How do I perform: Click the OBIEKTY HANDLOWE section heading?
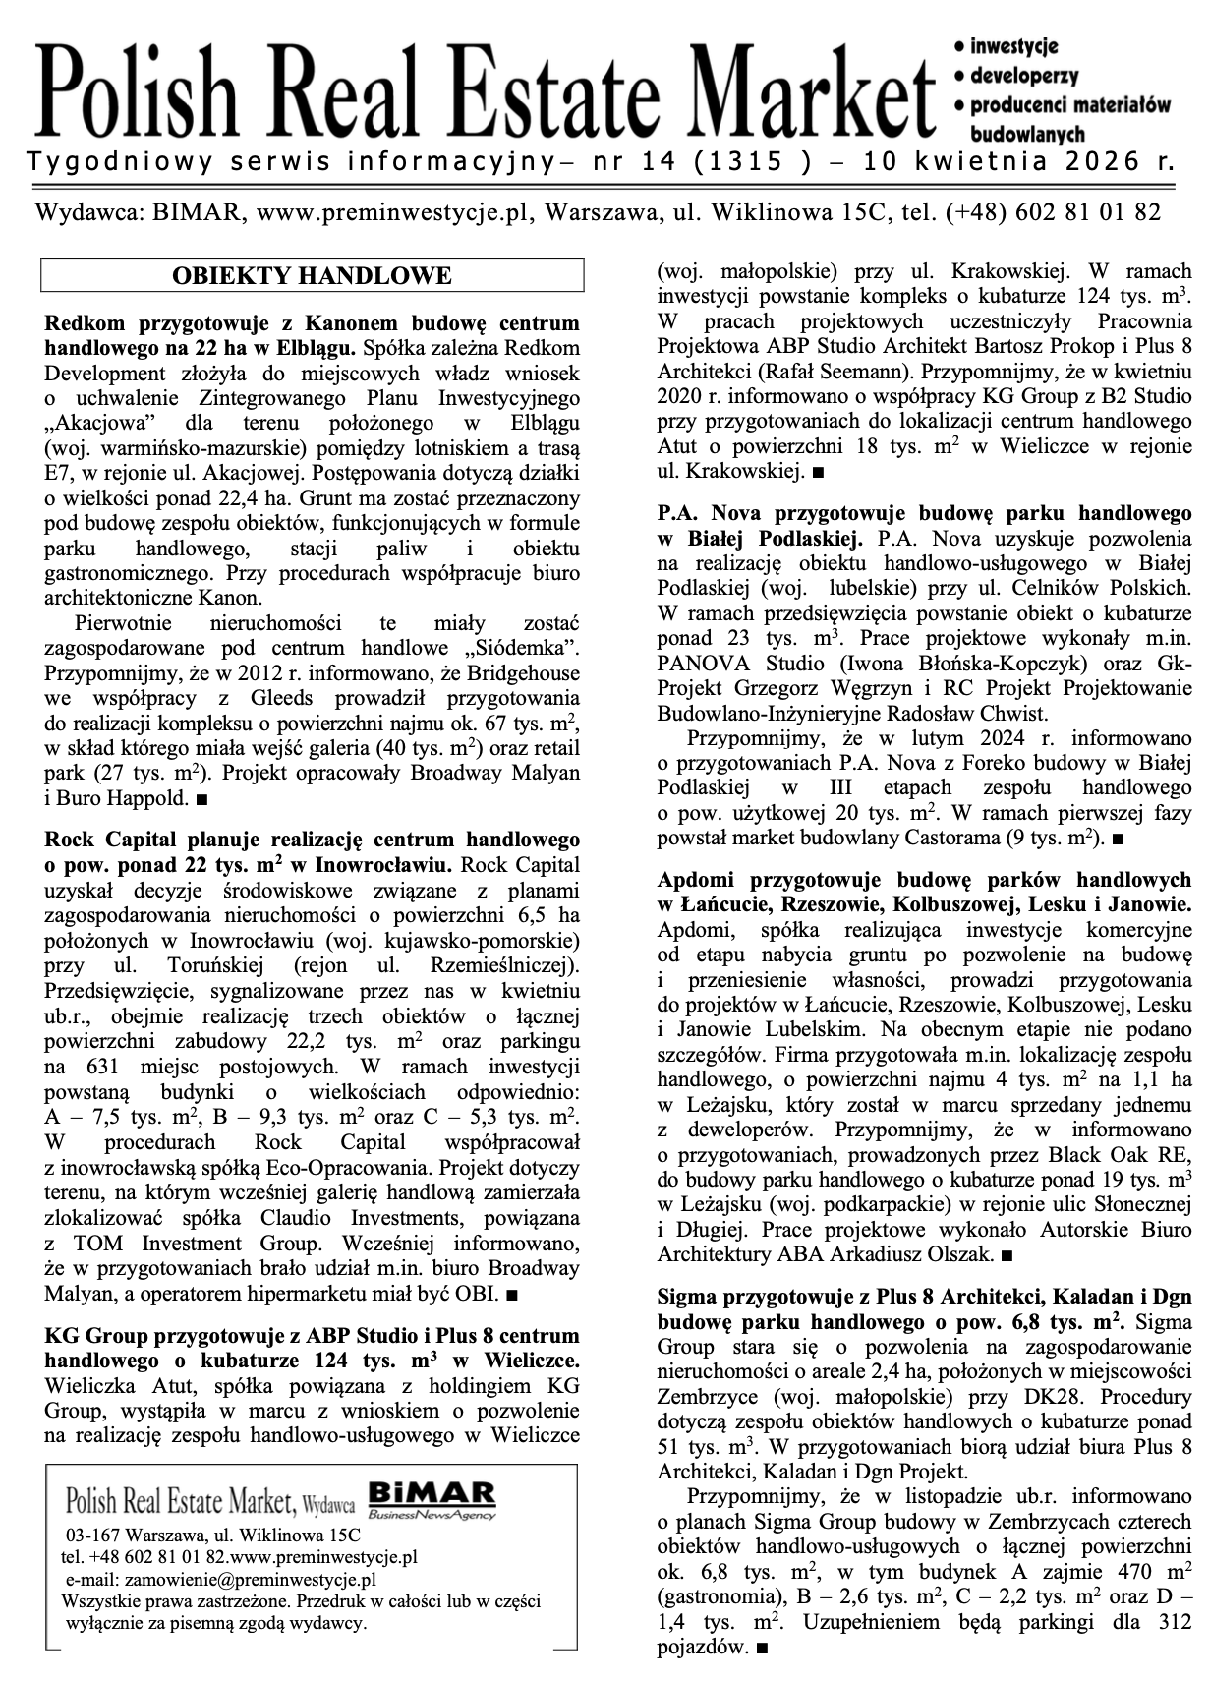[x=312, y=275]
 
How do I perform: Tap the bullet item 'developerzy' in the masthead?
[x=1023, y=75]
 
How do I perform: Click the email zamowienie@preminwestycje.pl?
[x=250, y=1580]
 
